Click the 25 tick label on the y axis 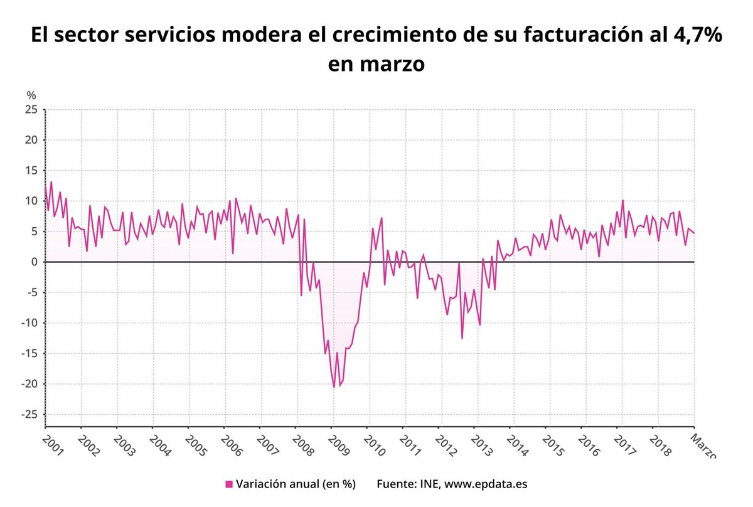[x=31, y=110]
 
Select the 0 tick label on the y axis [x=35, y=262]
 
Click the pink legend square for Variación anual [x=229, y=484]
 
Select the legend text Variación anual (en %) [x=296, y=484]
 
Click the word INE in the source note [x=427, y=484]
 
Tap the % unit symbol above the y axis [x=31, y=95]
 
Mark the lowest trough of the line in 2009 [x=334, y=387]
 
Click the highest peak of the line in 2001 [x=51, y=182]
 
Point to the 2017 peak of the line [x=622, y=200]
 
